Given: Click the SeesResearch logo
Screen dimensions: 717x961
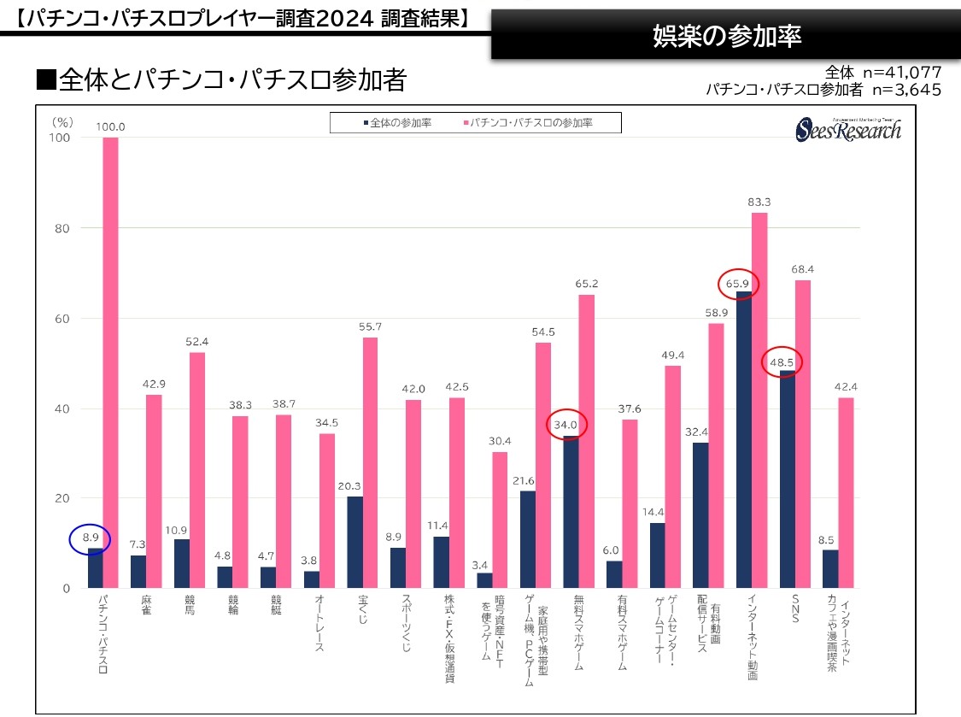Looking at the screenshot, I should point(848,128).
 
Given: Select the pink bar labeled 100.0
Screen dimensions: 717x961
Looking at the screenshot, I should point(110,362).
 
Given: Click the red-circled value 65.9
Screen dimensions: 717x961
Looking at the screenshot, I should point(737,283).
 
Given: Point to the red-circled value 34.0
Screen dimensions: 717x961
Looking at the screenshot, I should point(565,424).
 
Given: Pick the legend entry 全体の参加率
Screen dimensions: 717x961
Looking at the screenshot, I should point(397,123).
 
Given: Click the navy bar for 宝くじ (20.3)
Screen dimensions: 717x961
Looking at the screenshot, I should point(355,542).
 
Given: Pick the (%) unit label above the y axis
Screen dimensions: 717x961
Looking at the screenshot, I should point(62,122).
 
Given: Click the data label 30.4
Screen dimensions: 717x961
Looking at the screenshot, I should point(499,441).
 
